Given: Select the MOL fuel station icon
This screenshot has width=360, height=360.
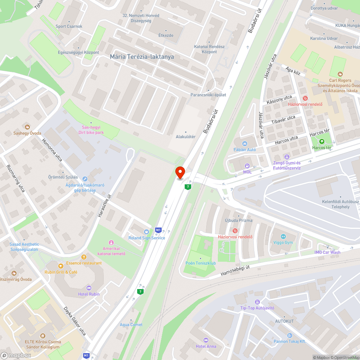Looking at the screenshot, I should (x=247, y=166).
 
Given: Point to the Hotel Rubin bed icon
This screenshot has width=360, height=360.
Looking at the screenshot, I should (x=89, y=288).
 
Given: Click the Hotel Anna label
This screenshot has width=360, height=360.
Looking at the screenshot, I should (x=206, y=346).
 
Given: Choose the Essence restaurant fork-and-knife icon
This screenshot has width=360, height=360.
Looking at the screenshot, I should (x=84, y=257).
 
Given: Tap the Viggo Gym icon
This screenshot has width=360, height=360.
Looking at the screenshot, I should (x=283, y=237).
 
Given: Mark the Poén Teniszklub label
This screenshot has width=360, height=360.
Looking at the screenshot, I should (x=201, y=263).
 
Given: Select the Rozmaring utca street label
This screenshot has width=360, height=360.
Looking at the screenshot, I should (x=15, y=178).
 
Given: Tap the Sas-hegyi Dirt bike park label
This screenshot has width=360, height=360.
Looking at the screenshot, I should (x=91, y=130).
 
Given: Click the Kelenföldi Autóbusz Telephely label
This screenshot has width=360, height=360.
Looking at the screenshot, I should (x=341, y=204).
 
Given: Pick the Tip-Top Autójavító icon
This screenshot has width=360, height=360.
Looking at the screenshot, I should (x=257, y=302).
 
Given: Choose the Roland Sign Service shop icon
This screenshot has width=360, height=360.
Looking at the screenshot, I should (x=147, y=231).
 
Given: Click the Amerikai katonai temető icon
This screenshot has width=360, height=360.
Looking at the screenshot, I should (x=111, y=242).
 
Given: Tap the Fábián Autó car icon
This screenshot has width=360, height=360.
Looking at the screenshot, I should (x=245, y=144).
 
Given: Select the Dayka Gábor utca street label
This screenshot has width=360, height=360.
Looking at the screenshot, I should (x=75, y=321).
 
